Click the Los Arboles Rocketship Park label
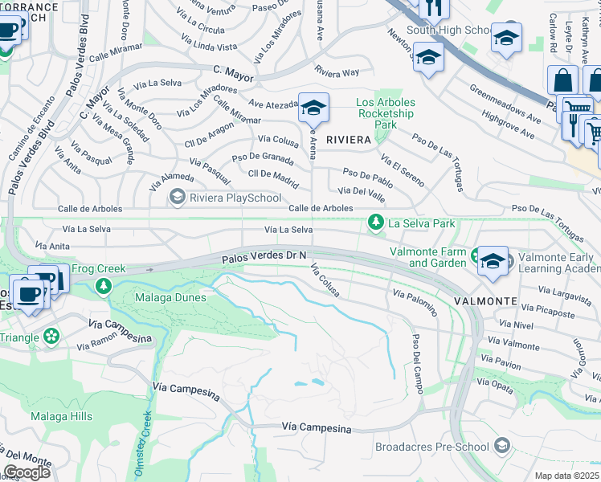click(x=386, y=113)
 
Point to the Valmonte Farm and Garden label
click(x=428, y=257)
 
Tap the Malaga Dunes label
click(x=160, y=297)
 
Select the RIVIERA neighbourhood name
click(x=348, y=140)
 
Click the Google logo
click(x=27, y=472)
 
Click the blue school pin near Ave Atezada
click(x=313, y=108)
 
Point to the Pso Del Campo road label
click(x=417, y=363)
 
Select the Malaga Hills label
click(x=61, y=416)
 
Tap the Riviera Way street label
click(x=337, y=71)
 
